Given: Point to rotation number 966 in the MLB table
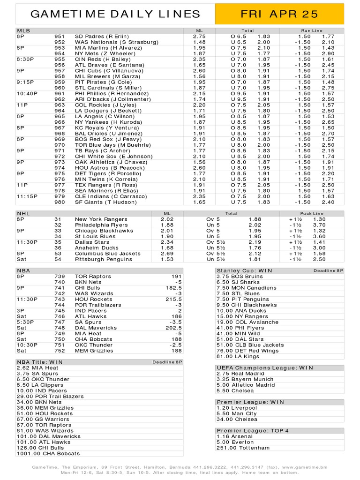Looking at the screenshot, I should click(x=60, y=122).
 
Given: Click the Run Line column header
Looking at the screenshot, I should click(x=312, y=30).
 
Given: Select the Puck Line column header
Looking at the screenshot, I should click(x=312, y=213).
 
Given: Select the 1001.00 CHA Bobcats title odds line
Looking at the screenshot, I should click(x=48, y=453).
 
